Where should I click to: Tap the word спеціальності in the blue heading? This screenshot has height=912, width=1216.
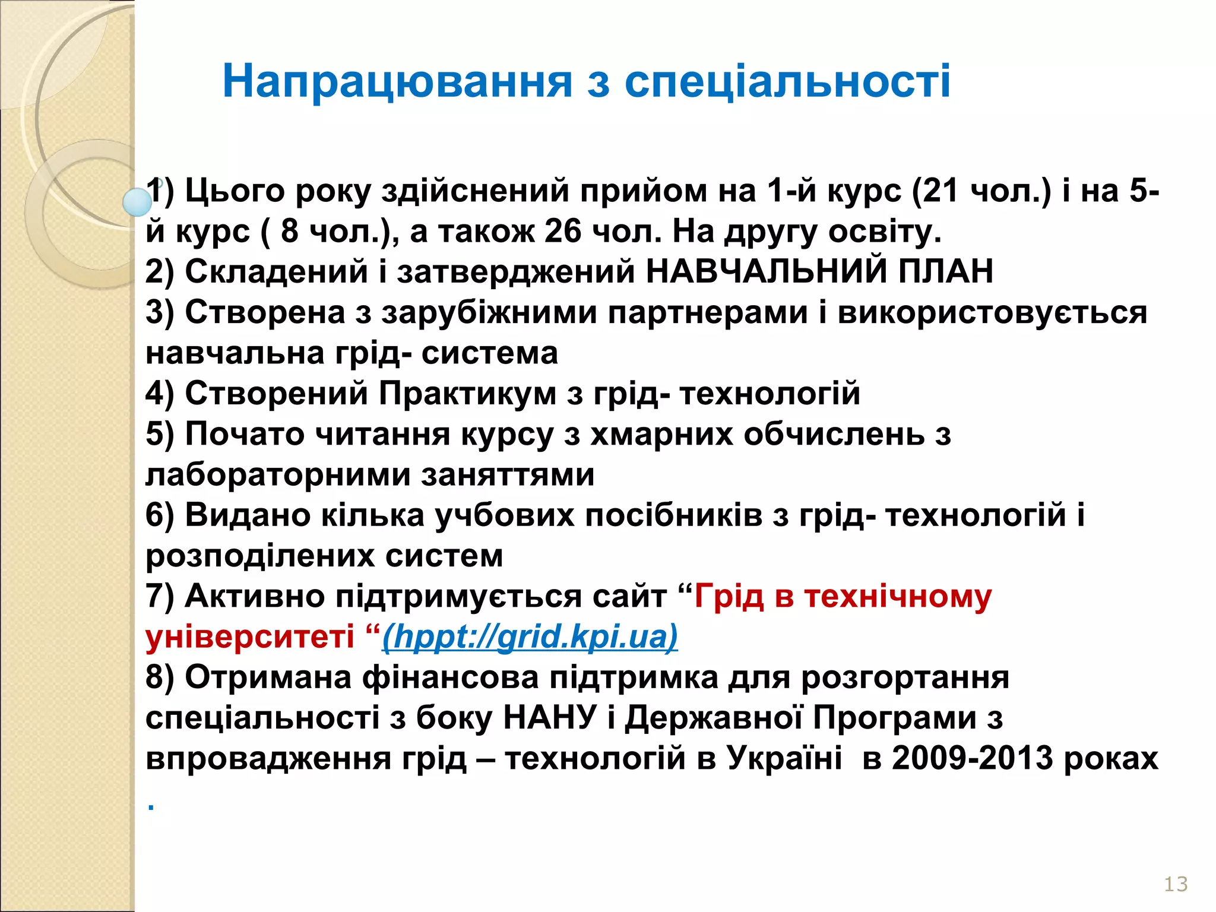(x=787, y=81)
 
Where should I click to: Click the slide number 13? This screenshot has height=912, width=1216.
(x=1175, y=884)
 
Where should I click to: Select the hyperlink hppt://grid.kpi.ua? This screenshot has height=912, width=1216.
(x=530, y=636)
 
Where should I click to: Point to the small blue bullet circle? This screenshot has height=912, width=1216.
(x=138, y=202)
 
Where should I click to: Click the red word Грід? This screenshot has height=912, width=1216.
(x=729, y=596)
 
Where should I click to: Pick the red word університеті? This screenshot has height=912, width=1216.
(x=249, y=636)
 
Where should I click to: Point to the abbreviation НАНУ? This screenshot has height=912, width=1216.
(x=549, y=717)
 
